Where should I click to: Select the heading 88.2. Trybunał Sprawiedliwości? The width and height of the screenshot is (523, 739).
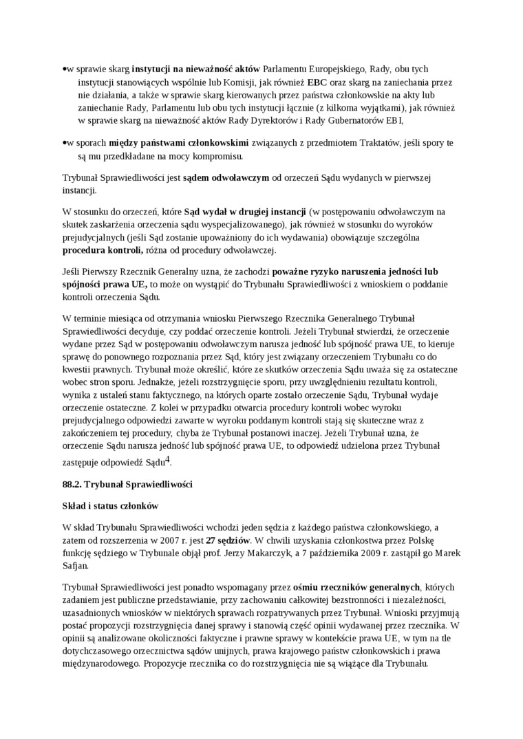[x=127, y=485]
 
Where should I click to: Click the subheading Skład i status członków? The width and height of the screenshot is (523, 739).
[x=110, y=506]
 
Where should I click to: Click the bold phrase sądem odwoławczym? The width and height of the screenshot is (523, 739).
[x=226, y=177]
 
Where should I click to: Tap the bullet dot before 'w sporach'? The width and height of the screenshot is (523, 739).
[x=64, y=143]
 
